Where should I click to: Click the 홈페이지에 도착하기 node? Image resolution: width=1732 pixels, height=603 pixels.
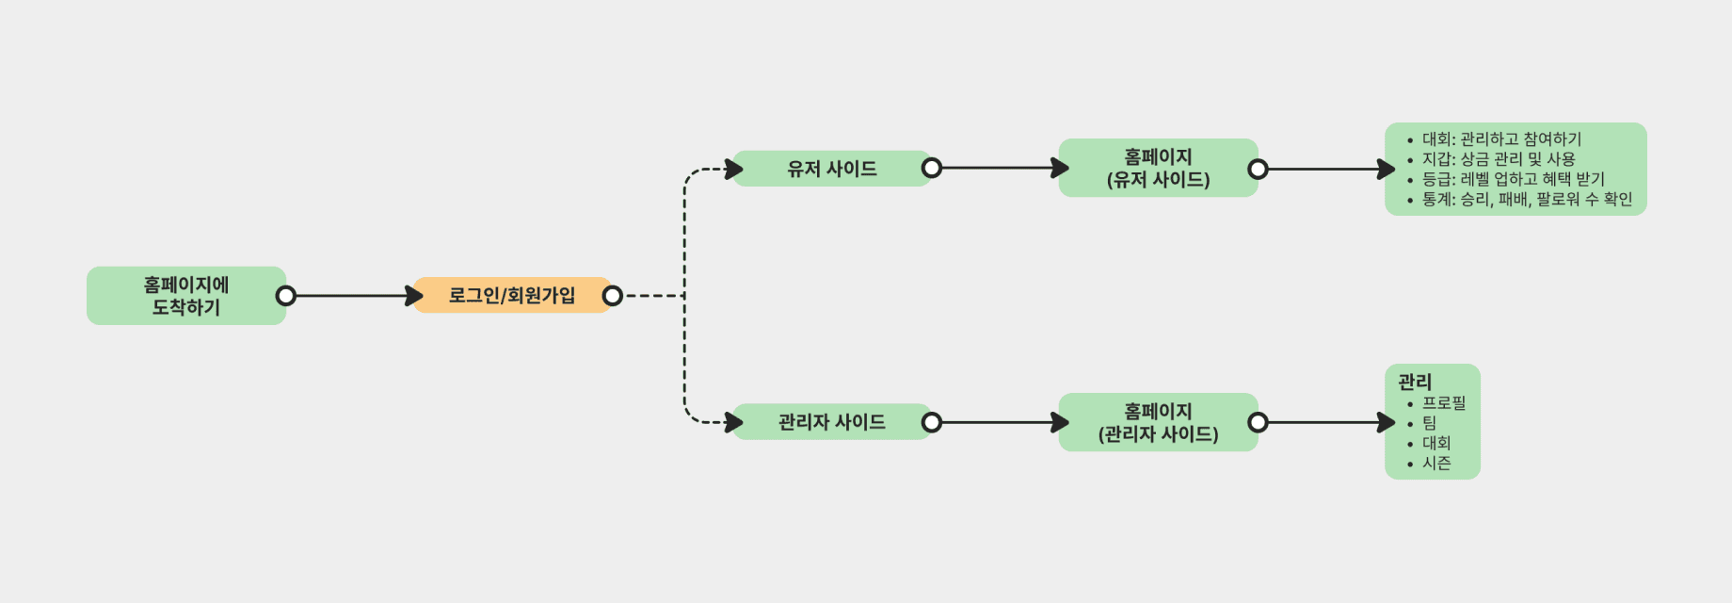point(186,296)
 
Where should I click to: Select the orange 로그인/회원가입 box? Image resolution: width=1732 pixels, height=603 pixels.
point(511,296)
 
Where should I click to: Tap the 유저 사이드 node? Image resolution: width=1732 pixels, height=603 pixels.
point(831,169)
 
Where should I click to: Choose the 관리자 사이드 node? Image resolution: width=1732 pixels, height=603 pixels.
point(831,422)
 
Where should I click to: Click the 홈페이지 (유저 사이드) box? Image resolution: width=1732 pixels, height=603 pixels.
point(1158,168)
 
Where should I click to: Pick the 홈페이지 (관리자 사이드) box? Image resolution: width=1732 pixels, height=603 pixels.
point(1158,422)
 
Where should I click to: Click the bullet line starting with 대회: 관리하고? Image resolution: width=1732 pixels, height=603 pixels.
point(1501,139)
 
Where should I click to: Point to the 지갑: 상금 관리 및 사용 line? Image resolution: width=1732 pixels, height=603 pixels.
point(1499,159)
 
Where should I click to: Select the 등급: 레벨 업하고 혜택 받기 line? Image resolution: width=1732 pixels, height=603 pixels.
point(1513,179)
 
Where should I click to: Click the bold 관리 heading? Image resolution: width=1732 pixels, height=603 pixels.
point(1415,382)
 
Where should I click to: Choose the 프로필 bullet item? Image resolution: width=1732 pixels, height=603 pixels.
point(1444,403)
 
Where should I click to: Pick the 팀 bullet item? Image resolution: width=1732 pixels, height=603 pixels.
point(1430,423)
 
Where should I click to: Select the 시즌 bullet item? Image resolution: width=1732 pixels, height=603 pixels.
point(1436,463)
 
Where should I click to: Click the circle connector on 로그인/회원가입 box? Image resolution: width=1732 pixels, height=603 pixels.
point(612,296)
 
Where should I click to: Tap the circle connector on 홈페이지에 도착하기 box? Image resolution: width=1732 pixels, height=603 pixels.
point(285,296)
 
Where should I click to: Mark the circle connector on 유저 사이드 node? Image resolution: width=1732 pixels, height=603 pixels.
point(931,168)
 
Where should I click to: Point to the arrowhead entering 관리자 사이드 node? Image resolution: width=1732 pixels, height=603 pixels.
point(734,422)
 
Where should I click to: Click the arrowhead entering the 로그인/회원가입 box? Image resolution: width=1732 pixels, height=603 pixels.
point(414,296)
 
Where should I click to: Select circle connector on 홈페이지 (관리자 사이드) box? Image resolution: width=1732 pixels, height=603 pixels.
point(1258,422)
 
